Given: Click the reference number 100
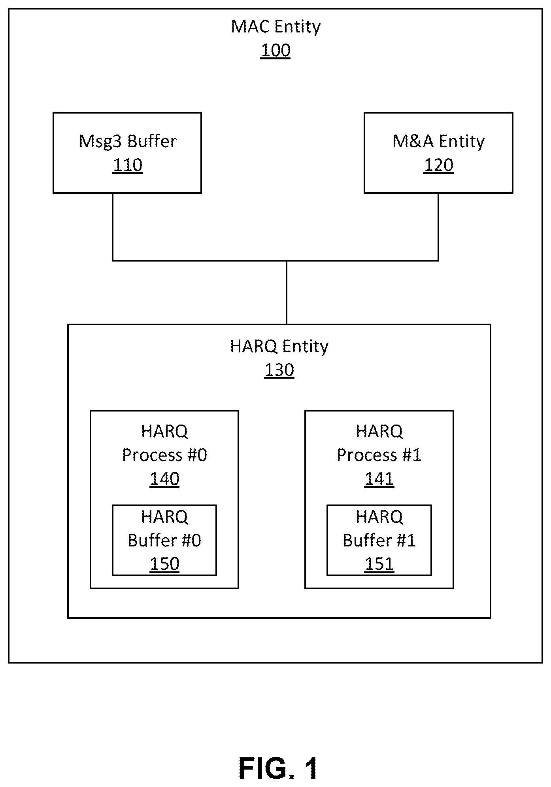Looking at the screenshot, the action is tap(275, 51).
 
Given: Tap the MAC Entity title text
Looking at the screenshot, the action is tap(275, 27).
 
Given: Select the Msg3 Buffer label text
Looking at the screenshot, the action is tap(127, 141).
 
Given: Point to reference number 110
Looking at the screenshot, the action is tap(127, 165).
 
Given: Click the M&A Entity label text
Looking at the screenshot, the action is tap(438, 141).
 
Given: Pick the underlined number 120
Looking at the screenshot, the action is tap(438, 165).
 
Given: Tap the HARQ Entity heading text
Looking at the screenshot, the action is tap(279, 346).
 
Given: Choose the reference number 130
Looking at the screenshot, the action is tap(279, 370).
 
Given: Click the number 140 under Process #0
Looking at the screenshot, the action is tap(164, 479).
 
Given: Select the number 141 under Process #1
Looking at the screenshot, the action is tap(379, 479).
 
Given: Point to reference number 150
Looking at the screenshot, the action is tap(164, 564).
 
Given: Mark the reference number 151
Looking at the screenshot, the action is tap(379, 564).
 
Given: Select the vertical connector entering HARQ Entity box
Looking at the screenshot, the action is tap(287, 292).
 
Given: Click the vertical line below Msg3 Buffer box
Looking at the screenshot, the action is tap(113, 227).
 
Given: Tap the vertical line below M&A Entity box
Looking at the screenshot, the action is tap(438, 227).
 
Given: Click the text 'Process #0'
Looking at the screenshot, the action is tap(164, 455).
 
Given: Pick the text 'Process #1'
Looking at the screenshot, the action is tap(379, 455).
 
